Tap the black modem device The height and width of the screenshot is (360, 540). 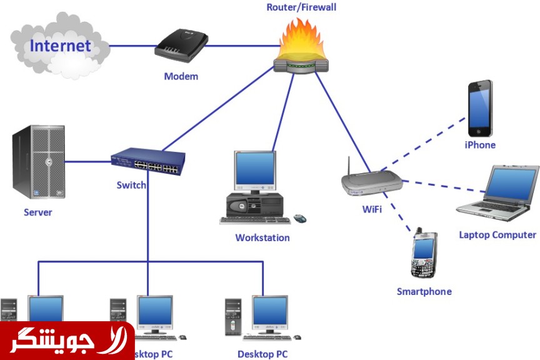[x=181, y=47]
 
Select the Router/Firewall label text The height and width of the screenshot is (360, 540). [x=301, y=7]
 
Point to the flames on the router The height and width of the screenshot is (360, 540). [x=302, y=39]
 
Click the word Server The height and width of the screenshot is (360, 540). [x=38, y=212]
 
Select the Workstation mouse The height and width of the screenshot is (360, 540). [x=300, y=218]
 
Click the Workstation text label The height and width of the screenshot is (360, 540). [x=262, y=237]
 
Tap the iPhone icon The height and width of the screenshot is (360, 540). [x=481, y=108]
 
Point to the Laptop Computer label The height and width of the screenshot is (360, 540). [x=497, y=235]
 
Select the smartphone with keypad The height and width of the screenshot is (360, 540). [x=423, y=256]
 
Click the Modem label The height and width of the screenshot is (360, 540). [x=181, y=76]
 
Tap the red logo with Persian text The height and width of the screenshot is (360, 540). [x=67, y=341]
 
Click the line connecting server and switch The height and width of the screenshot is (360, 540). [x=87, y=162]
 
